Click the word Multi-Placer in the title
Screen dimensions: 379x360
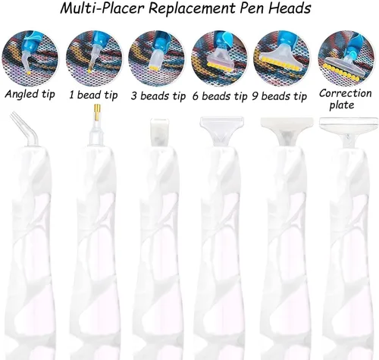pos(102,8)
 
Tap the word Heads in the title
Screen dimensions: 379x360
pos(290,8)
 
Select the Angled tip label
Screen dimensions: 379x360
pos(30,95)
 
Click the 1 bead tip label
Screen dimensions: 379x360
pos(93,95)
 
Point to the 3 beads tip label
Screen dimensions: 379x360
pos(158,96)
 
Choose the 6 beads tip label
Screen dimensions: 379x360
pos(220,96)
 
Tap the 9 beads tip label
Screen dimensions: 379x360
pos(279,96)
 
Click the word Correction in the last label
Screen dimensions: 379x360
pos(345,93)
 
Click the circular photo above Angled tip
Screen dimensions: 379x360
pos(30,58)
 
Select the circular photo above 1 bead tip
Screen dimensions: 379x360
pos(94,58)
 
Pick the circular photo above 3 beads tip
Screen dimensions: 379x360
pos(157,58)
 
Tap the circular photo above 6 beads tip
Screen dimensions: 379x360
pos(220,58)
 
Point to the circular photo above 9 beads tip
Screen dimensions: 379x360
pos(282,58)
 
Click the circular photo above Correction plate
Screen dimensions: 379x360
pos(346,58)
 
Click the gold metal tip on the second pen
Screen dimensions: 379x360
pos(97,111)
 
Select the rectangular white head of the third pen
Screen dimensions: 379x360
pos(159,132)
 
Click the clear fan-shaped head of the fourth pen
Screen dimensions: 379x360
pos(222,130)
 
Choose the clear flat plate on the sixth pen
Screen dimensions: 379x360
pos(346,124)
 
